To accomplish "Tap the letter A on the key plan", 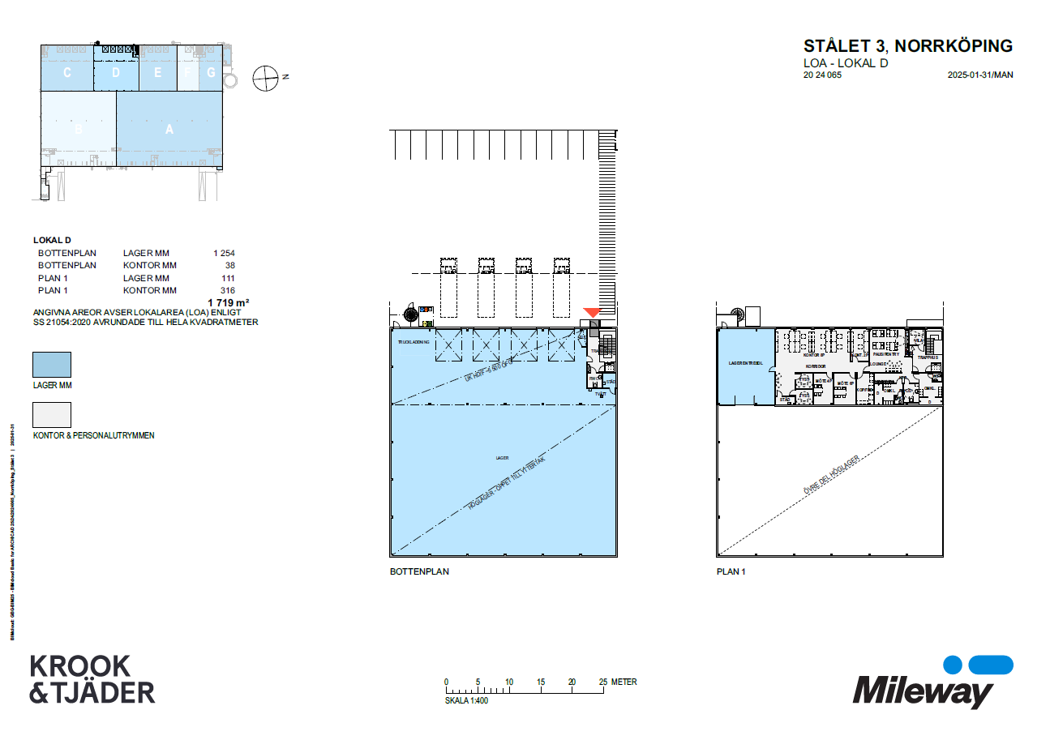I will click(x=169, y=130).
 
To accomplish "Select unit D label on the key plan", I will click(x=116, y=73).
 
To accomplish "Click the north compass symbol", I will click(x=265, y=78).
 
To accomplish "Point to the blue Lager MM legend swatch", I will click(x=51, y=365).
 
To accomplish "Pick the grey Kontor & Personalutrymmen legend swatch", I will click(x=51, y=415).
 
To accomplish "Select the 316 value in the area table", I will click(x=227, y=290).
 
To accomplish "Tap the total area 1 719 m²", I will click(x=229, y=302).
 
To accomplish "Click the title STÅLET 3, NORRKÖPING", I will click(x=907, y=46).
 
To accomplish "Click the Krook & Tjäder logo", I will click(x=92, y=679).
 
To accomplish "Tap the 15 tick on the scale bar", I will click(x=541, y=682).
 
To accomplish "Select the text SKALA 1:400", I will click(x=466, y=700).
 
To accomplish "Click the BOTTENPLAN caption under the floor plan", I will click(x=419, y=571).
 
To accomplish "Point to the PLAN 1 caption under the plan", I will click(x=731, y=571).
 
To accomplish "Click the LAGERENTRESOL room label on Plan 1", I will click(x=745, y=363).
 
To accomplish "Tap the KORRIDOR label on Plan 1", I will click(x=814, y=366).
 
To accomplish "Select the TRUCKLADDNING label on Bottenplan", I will click(x=412, y=343).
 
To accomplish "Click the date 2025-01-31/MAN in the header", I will click(x=979, y=75).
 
